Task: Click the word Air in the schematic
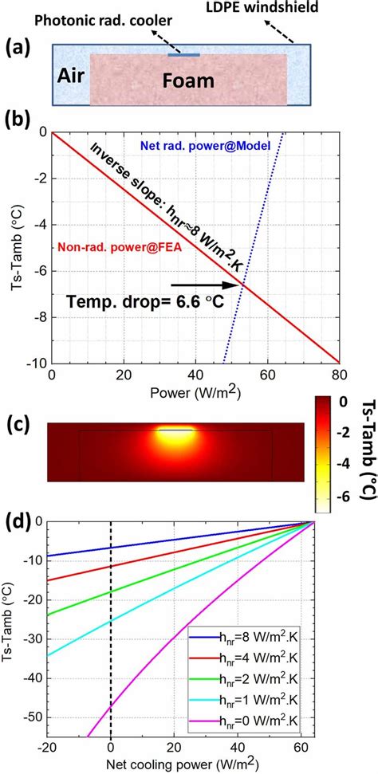(70, 77)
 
